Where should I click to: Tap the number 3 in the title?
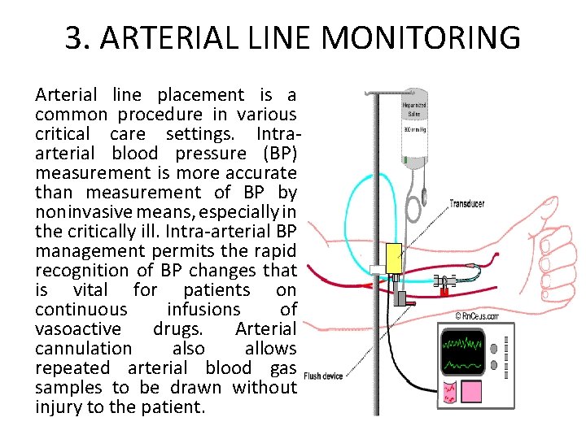[x=74, y=37]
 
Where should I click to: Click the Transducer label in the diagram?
[x=466, y=204]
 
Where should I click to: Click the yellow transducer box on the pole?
[x=394, y=258]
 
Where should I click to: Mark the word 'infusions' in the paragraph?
[x=204, y=310]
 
